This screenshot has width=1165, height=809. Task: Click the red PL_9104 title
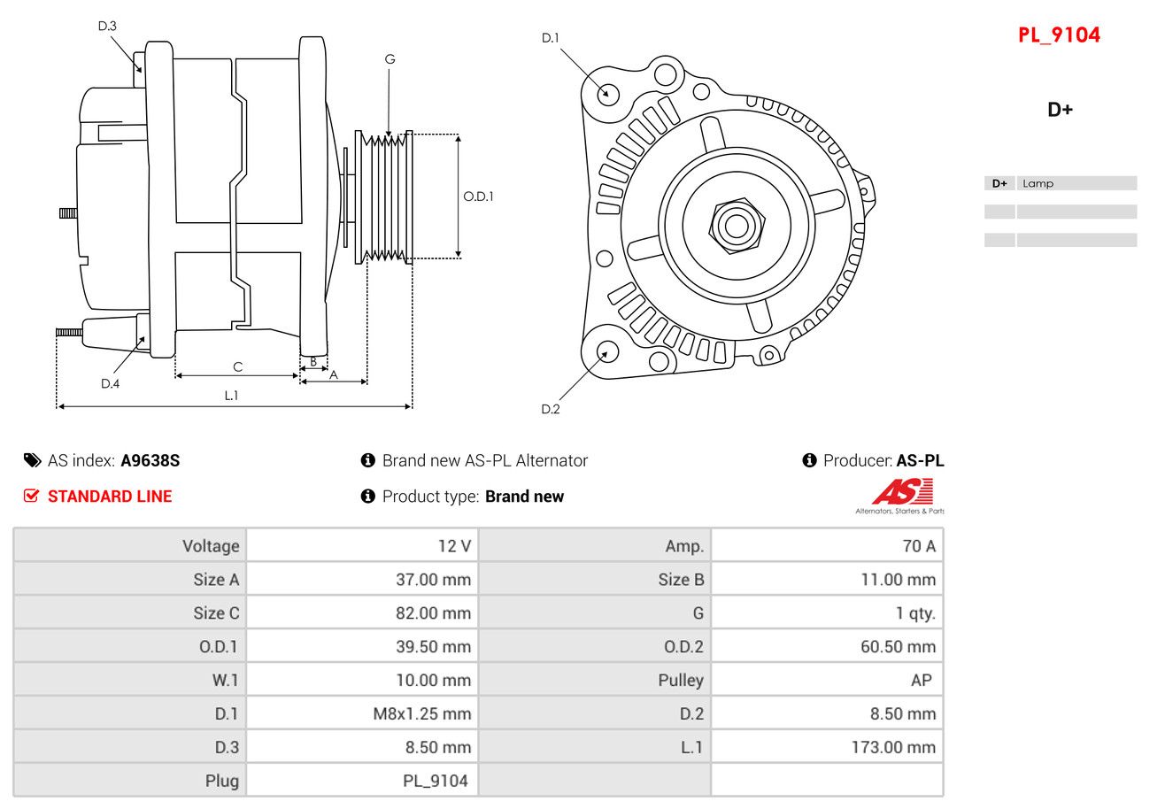click(x=1059, y=35)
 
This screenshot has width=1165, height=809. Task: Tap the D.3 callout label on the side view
click(x=107, y=26)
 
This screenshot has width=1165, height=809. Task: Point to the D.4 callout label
click(x=110, y=383)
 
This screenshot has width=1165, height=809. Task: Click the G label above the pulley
click(x=390, y=59)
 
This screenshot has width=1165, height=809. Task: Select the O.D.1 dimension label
click(x=478, y=196)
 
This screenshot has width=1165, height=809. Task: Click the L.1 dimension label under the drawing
click(x=231, y=396)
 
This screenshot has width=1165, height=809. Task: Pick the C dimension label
click(x=237, y=366)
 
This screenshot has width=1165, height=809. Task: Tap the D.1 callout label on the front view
click(x=551, y=37)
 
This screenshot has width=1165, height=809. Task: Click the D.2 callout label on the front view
click(x=551, y=409)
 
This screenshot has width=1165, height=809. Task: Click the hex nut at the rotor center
click(x=736, y=226)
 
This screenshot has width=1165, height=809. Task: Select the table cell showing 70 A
click(x=918, y=546)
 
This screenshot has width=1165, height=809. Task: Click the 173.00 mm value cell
click(x=893, y=747)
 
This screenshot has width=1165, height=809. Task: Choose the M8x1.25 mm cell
click(x=421, y=713)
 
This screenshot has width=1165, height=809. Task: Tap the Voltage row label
click(x=211, y=546)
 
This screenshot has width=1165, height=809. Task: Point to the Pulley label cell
click(x=681, y=680)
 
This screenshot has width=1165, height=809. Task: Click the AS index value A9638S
click(x=150, y=460)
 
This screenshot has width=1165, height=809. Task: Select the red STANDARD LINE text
click(x=110, y=497)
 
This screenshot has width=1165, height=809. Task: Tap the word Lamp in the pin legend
click(x=1038, y=184)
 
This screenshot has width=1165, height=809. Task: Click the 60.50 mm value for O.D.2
click(x=898, y=647)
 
